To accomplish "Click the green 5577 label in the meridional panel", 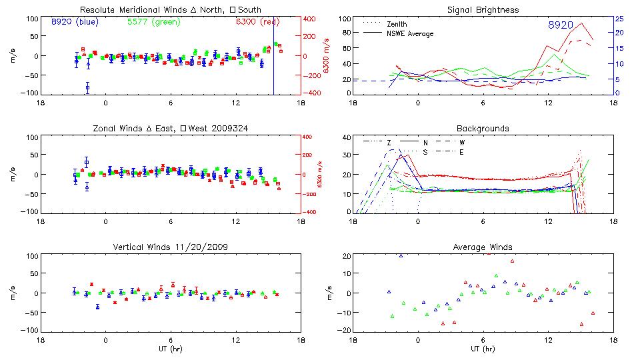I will click(x=151, y=22).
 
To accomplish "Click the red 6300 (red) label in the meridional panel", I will click(x=257, y=22).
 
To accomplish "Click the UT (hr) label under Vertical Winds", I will click(x=170, y=348).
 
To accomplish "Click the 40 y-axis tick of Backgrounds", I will click(x=345, y=137).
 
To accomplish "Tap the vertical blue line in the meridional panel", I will click(x=273, y=60).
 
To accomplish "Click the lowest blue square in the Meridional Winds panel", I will click(x=87, y=87).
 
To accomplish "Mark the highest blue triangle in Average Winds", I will click(x=401, y=255).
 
